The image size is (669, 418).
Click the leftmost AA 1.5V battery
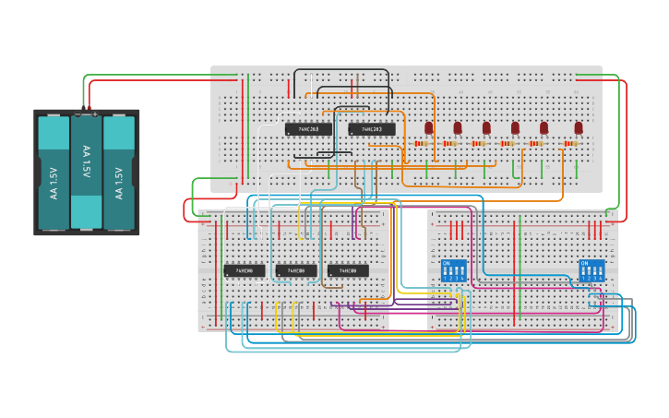click(x=54, y=172)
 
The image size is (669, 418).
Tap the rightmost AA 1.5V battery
click(x=119, y=172)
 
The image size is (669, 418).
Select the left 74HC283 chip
click(x=308, y=129)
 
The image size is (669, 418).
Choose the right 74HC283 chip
click(x=372, y=129)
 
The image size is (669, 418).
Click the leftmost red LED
click(x=428, y=127)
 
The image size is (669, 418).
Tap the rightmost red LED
click(x=579, y=127)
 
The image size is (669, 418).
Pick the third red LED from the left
click(x=486, y=127)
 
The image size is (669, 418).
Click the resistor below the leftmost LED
click(x=423, y=144)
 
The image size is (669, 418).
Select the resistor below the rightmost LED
click(x=571, y=144)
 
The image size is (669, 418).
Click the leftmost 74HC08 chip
click(x=245, y=270)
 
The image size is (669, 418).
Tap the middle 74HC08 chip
click(x=296, y=270)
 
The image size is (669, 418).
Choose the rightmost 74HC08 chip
click(x=348, y=270)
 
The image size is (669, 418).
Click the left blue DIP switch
click(x=454, y=270)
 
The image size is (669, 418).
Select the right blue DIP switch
click(x=591, y=270)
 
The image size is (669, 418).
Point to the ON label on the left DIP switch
click(x=447, y=264)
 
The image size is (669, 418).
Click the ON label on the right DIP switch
click(x=584, y=264)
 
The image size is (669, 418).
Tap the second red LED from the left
click(x=457, y=127)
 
